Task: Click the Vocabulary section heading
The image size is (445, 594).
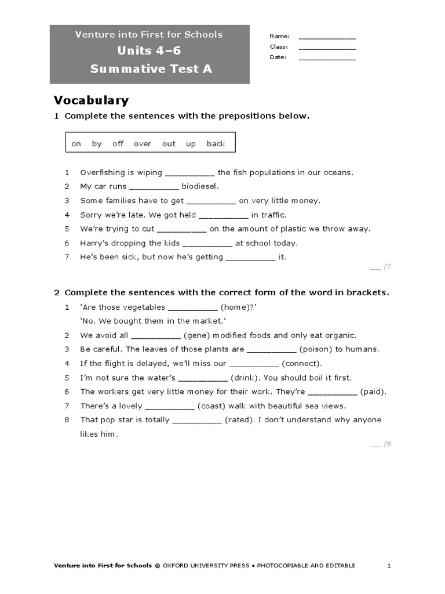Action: click(x=91, y=101)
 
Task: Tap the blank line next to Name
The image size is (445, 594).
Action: click(x=327, y=38)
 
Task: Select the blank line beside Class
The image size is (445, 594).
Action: click(x=327, y=48)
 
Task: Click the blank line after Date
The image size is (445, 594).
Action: click(x=327, y=59)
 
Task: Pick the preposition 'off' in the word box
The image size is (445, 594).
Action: click(x=118, y=144)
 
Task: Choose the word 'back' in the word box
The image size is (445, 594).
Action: click(x=216, y=144)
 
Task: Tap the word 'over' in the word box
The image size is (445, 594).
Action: click(x=143, y=144)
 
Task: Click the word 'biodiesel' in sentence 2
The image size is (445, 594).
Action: click(x=200, y=186)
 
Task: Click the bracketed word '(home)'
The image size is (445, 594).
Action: click(x=238, y=307)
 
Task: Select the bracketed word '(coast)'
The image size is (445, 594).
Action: click(x=213, y=405)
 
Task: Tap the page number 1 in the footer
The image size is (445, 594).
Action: click(x=389, y=566)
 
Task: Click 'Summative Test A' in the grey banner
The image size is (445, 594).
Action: click(x=151, y=69)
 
